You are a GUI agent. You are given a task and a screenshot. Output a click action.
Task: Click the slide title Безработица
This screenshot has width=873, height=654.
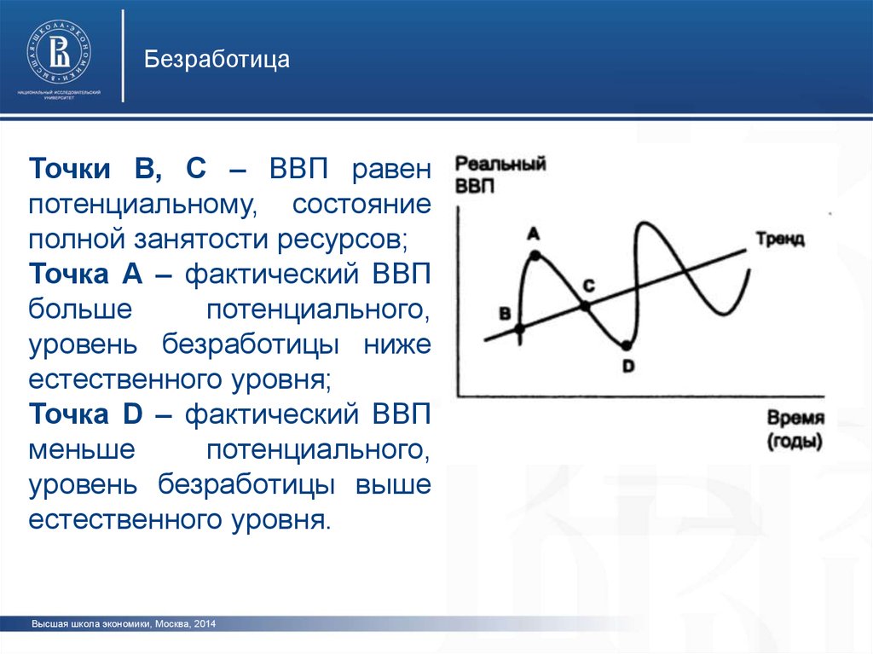[x=217, y=59]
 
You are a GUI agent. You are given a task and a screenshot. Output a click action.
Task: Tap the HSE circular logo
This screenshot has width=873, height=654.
[x=59, y=54]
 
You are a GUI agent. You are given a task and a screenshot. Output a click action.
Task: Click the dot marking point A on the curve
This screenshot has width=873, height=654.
[x=535, y=256]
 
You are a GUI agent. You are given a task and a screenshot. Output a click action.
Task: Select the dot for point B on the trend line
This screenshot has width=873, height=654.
[x=519, y=329]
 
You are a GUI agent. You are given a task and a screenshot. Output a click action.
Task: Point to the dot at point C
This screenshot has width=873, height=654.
[x=585, y=306]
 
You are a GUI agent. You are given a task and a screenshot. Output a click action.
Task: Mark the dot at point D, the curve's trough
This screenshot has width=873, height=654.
[x=627, y=346]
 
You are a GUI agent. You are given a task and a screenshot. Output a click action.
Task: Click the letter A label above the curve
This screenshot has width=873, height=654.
[x=534, y=234]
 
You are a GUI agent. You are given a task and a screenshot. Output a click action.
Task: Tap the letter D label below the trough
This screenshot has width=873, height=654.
[x=628, y=366]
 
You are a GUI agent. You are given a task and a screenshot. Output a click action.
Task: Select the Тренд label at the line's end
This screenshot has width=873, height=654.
[x=780, y=239]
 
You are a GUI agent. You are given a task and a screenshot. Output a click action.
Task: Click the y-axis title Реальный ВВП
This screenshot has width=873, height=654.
[x=500, y=174]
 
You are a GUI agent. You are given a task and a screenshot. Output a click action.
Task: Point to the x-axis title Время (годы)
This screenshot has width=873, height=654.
[x=795, y=429]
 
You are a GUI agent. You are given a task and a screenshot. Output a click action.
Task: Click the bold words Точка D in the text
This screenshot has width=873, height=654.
[x=86, y=414]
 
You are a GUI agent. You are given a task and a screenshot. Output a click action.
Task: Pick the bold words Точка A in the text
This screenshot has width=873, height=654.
[x=86, y=274]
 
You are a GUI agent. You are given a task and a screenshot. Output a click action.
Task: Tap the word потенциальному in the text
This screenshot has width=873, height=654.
[x=143, y=205]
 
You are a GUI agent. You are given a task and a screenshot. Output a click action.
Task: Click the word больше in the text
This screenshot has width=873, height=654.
[x=80, y=308]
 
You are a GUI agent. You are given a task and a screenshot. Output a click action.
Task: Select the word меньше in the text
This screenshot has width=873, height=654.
[x=82, y=449]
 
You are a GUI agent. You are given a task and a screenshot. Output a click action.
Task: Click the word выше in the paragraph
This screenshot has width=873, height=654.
[x=393, y=484]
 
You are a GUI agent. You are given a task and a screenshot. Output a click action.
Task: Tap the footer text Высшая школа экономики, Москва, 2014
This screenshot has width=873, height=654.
[x=124, y=624]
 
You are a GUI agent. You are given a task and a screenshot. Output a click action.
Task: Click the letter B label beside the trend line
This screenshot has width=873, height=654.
[x=505, y=313]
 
